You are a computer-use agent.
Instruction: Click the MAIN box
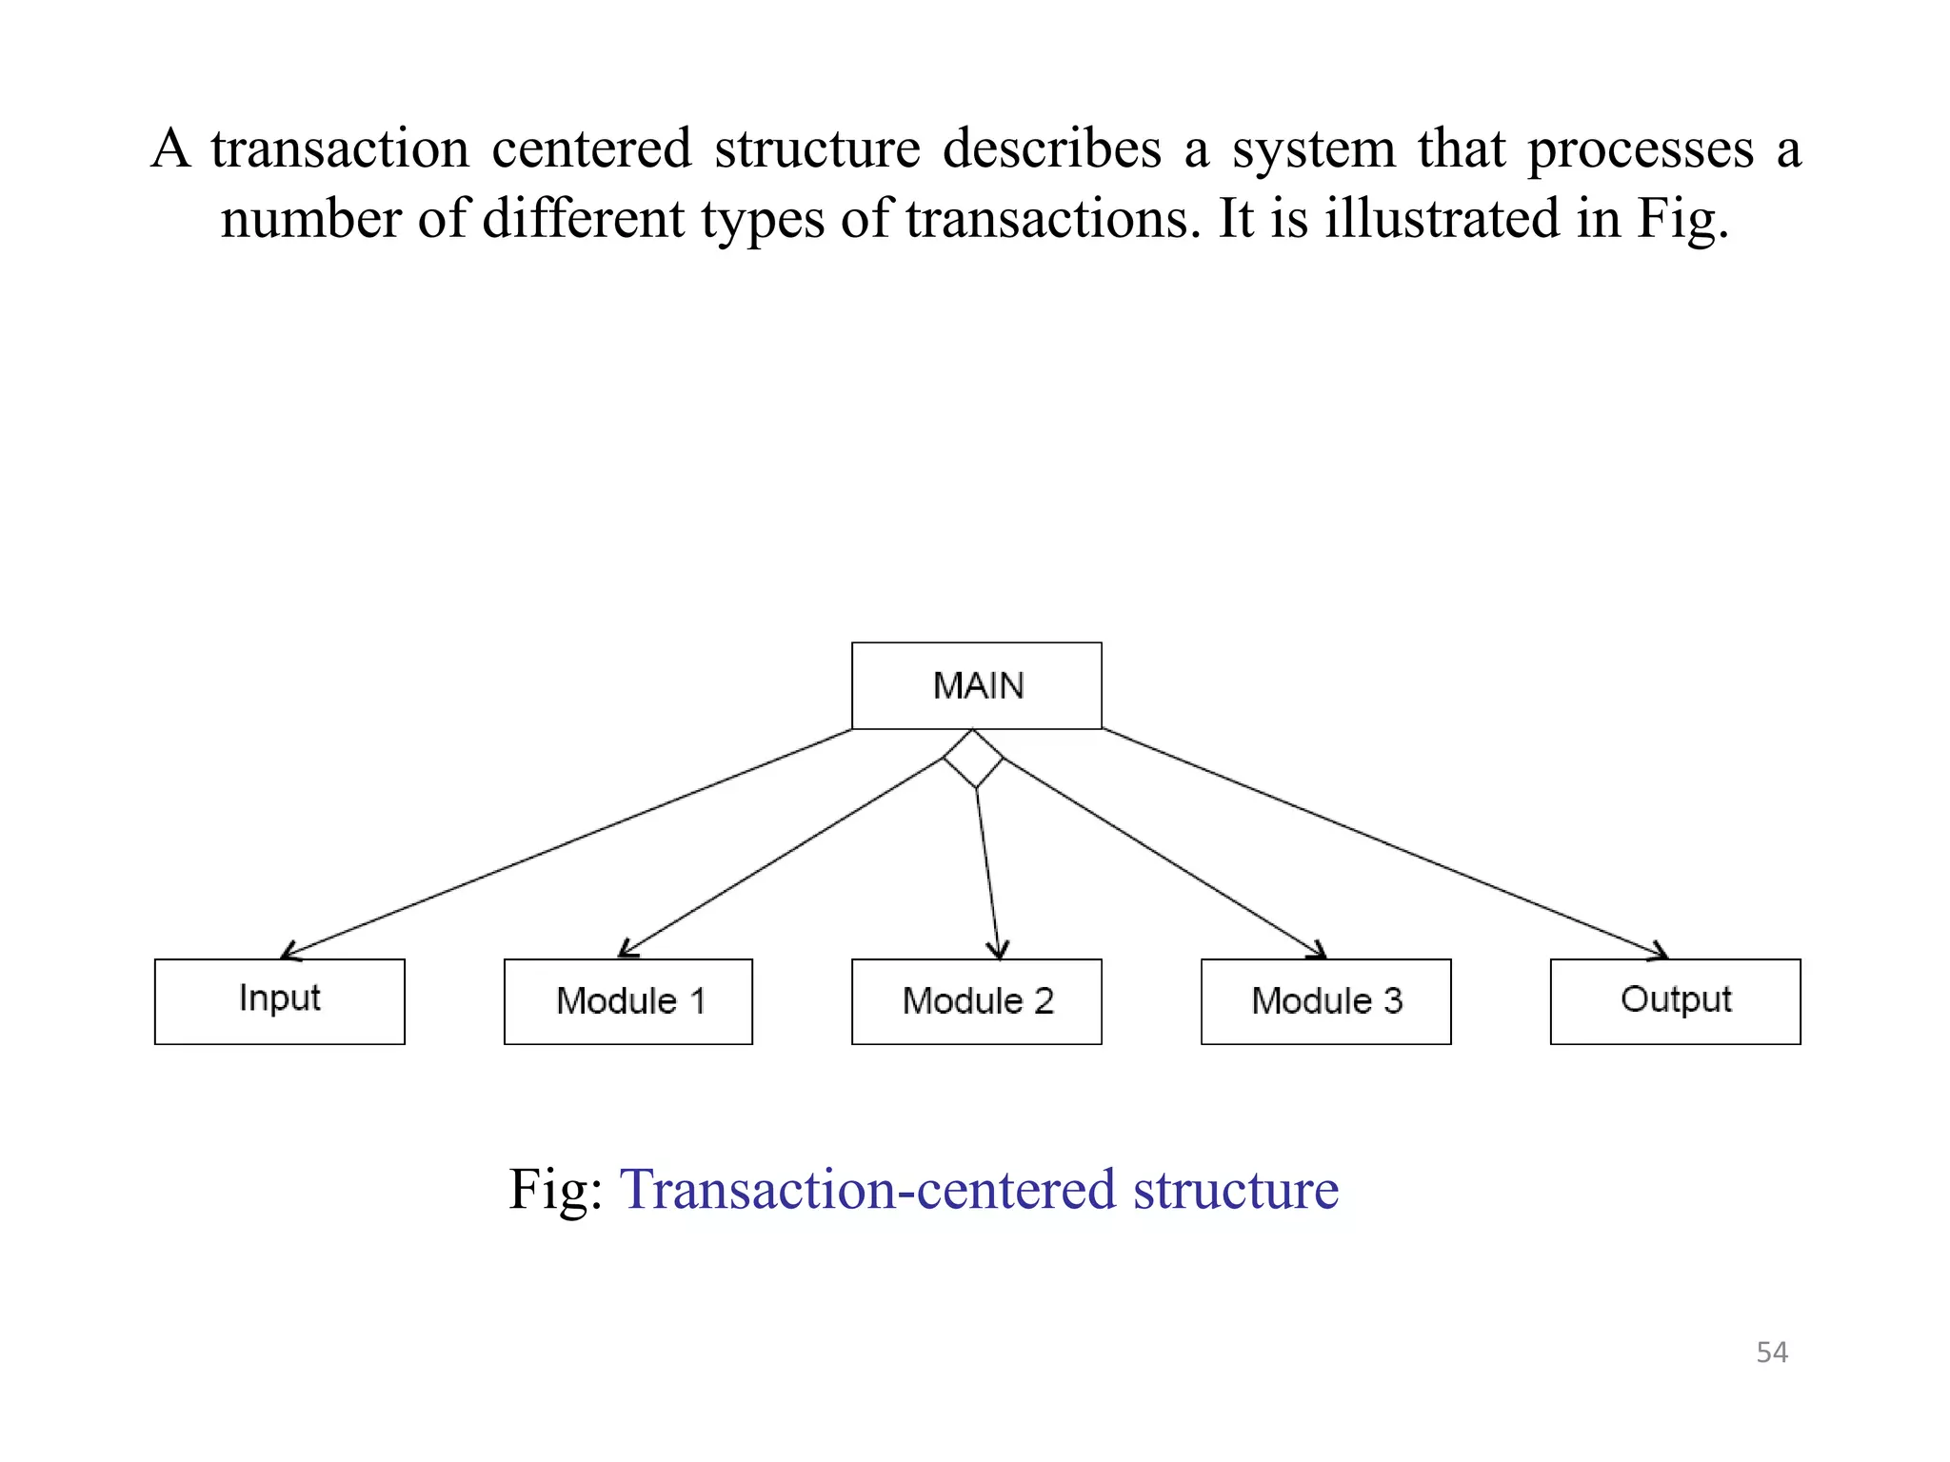pyautogui.click(x=976, y=685)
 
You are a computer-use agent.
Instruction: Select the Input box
pyautogui.click(x=279, y=1001)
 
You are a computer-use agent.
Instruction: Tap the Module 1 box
pyautogui.click(x=628, y=1001)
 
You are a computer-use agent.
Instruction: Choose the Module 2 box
pyautogui.click(x=976, y=1001)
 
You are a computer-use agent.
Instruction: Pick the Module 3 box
pyautogui.click(x=1325, y=1001)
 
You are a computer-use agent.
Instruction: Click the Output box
pyautogui.click(x=1675, y=1001)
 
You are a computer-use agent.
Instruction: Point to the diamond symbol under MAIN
pyautogui.click(x=973, y=759)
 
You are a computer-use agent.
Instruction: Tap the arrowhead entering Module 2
pyautogui.click(x=997, y=951)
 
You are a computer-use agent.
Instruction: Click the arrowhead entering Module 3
pyautogui.click(x=1318, y=951)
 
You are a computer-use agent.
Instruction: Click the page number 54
pyautogui.click(x=1771, y=1353)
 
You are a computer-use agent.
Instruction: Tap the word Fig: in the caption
pyautogui.click(x=555, y=1190)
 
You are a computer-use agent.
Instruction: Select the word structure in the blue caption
pyautogui.click(x=1235, y=1190)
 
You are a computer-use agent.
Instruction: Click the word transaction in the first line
pyautogui.click(x=340, y=149)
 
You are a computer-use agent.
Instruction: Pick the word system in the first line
pyautogui.click(x=1313, y=149)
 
